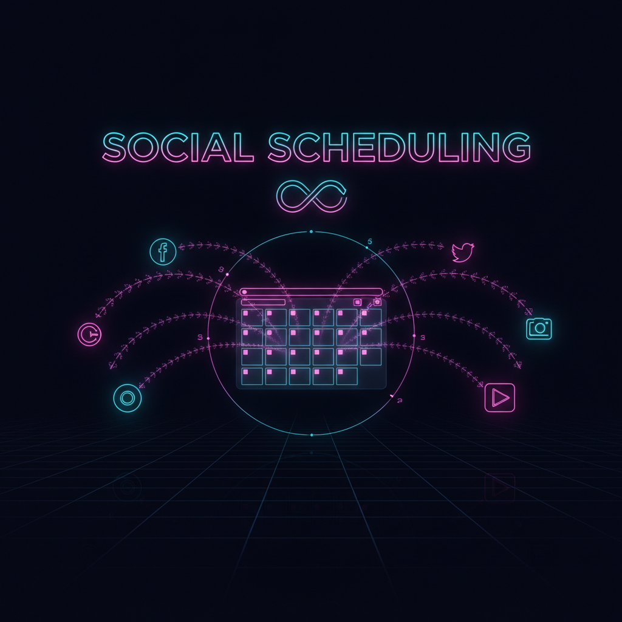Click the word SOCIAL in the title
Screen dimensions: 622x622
pyautogui.click(x=178, y=147)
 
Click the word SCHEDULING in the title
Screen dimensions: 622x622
pyautogui.click(x=400, y=147)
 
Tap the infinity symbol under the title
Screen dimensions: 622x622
pyautogui.click(x=312, y=196)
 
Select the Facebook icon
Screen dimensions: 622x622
pyautogui.click(x=163, y=252)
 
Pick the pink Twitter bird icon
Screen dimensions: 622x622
pyautogui.click(x=463, y=252)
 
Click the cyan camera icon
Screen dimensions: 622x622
pyautogui.click(x=539, y=329)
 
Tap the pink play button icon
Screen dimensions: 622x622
pyautogui.click(x=500, y=397)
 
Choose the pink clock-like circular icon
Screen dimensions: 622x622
pyautogui.click(x=90, y=335)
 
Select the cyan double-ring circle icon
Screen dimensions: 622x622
pyautogui.click(x=128, y=398)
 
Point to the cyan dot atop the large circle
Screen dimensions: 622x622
pyautogui.click(x=312, y=231)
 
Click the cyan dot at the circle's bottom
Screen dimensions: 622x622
pyautogui.click(x=312, y=435)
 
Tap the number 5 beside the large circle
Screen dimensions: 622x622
pyautogui.click(x=370, y=242)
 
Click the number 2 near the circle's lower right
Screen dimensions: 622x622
pyautogui.click(x=400, y=401)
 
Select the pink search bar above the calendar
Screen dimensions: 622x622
pyautogui.click(x=312, y=292)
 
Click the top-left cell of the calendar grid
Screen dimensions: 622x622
pyautogui.click(x=252, y=317)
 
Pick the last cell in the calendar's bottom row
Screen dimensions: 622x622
pyautogui.click(x=347, y=377)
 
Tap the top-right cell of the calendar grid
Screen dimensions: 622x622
pyautogui.click(x=371, y=317)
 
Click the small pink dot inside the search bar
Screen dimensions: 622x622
pyautogui.click(x=244, y=292)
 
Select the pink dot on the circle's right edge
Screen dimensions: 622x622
pyautogui.click(x=414, y=336)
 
